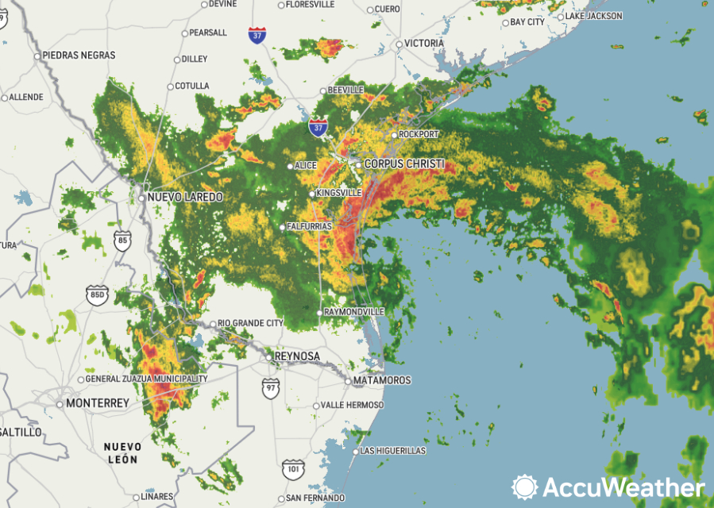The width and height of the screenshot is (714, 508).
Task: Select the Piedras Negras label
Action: [x=79, y=56]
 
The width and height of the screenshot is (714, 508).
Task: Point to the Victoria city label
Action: [x=424, y=43]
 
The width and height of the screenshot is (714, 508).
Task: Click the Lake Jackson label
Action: [x=593, y=16]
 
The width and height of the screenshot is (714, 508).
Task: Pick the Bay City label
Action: [x=527, y=22]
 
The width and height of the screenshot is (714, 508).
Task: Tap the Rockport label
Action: [x=418, y=135]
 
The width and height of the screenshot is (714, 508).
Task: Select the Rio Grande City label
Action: [x=250, y=323]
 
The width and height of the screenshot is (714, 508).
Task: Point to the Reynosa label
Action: [x=297, y=357]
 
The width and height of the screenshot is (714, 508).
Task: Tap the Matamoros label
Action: [x=382, y=380]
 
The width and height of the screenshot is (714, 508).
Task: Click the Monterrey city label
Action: [x=97, y=403]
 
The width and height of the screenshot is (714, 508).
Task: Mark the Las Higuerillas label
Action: [x=392, y=451]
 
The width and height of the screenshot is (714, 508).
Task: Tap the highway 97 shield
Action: [x=271, y=388]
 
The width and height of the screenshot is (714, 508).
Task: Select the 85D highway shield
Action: [x=96, y=296]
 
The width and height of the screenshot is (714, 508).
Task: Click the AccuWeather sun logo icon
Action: [x=525, y=487]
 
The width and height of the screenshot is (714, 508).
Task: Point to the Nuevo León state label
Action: [x=122, y=453]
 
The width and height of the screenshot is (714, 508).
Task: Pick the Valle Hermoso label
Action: [x=352, y=405]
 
